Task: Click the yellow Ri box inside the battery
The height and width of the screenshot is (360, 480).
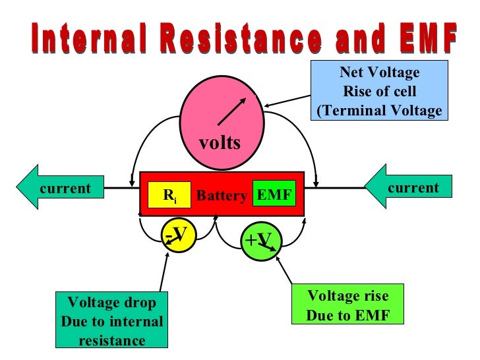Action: coord(169,195)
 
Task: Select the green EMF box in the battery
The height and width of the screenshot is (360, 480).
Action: coord(274,195)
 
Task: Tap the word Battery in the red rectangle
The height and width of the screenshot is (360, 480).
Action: coord(222,196)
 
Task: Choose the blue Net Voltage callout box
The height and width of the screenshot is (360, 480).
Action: coord(379,91)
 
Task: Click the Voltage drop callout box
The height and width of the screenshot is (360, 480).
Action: coord(112,321)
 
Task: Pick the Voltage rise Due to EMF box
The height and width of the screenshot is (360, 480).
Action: coord(347,305)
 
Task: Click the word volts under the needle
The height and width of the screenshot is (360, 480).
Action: coord(220,143)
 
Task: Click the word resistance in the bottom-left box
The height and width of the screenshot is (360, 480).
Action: coord(112,340)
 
